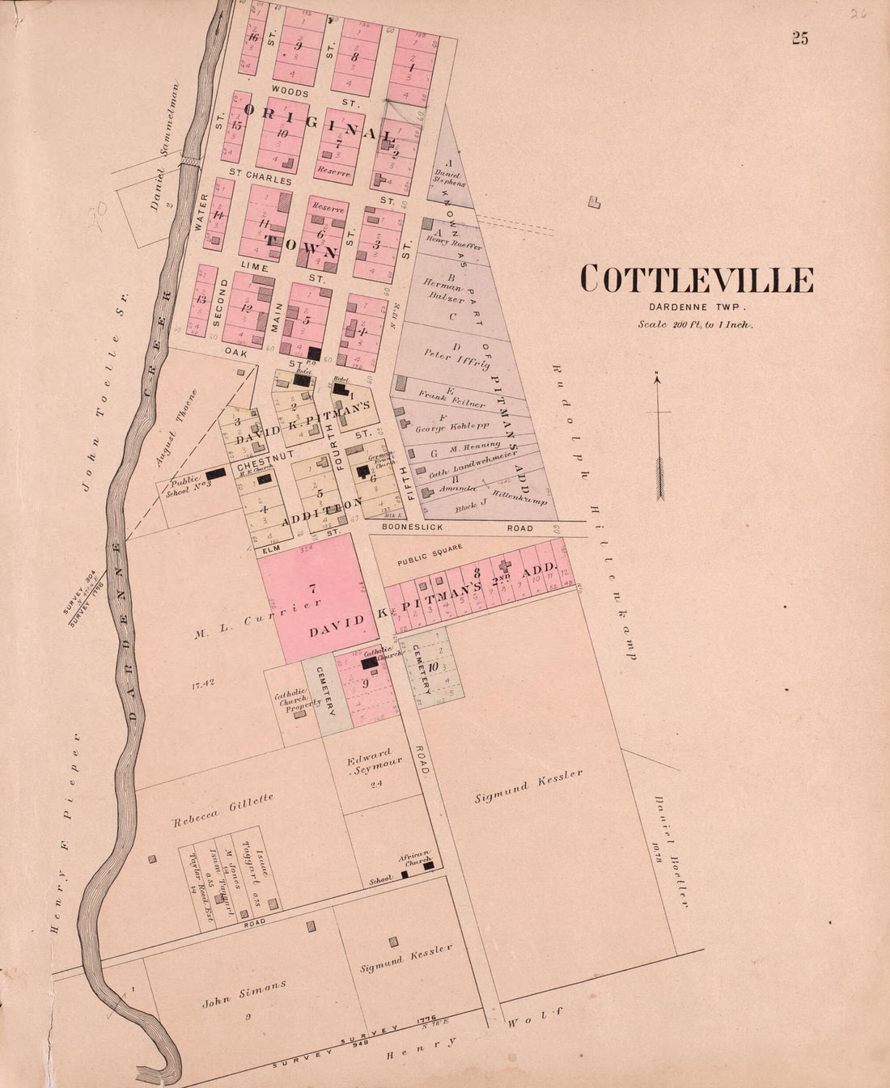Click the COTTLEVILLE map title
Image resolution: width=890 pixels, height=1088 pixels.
(697, 280)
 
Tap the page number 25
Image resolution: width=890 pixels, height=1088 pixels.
(800, 38)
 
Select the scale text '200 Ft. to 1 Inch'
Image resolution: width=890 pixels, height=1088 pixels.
(695, 324)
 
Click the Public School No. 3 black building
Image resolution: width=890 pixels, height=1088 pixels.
(216, 476)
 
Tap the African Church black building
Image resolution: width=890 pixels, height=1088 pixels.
(429, 866)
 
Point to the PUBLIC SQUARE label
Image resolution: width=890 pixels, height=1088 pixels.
(429, 554)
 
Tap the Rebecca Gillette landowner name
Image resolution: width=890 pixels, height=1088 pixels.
(222, 811)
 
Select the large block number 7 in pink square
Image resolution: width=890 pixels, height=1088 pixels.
(312, 588)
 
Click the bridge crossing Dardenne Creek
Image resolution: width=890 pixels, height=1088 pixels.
(189, 163)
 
